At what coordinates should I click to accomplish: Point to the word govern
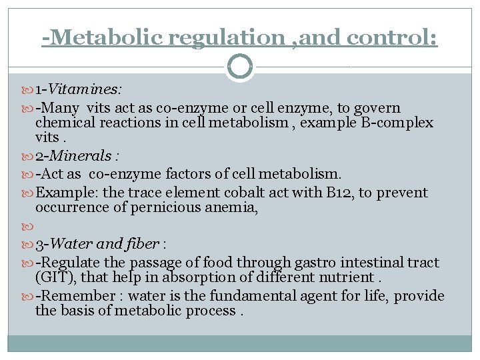click(377, 107)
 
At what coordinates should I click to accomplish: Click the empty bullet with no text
click(27, 227)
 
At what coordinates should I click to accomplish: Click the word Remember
click(79, 295)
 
